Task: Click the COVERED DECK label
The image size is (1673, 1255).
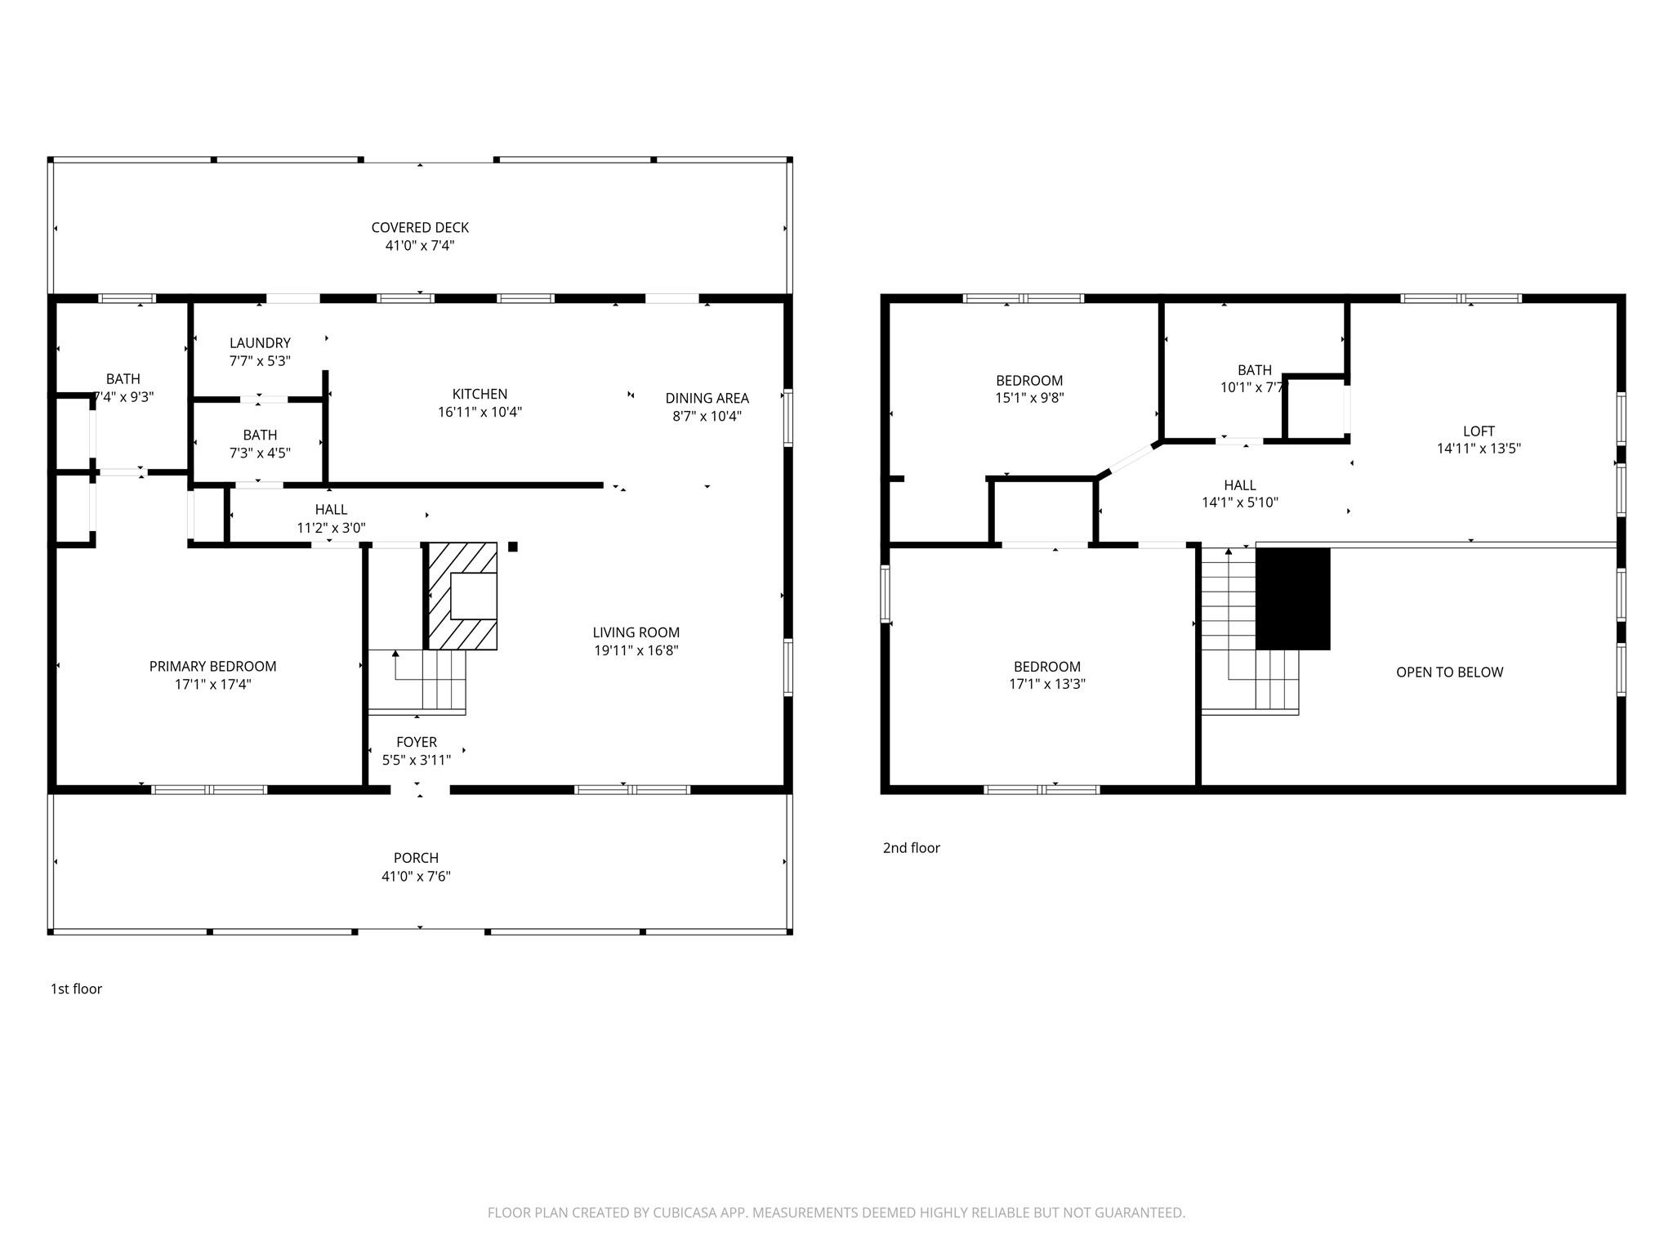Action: [420, 228]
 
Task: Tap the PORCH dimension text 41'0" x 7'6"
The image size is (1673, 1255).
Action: [416, 877]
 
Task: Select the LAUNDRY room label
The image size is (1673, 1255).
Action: [260, 343]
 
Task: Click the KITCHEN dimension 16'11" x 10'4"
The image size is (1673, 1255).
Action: [480, 413]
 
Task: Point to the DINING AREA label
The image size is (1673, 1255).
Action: [707, 399]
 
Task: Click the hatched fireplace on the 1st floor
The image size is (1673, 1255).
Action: [462, 596]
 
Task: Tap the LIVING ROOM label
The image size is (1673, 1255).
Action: [636, 632]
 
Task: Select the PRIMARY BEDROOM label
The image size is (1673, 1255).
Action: [212, 667]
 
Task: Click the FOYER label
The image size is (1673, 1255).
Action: [417, 742]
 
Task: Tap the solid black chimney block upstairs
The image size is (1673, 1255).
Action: [1292, 599]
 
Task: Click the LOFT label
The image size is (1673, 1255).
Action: [1479, 431]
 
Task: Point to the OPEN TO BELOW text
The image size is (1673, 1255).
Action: [1449, 672]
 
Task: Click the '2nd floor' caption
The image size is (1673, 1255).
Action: [911, 848]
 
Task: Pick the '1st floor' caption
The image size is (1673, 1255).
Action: [76, 989]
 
